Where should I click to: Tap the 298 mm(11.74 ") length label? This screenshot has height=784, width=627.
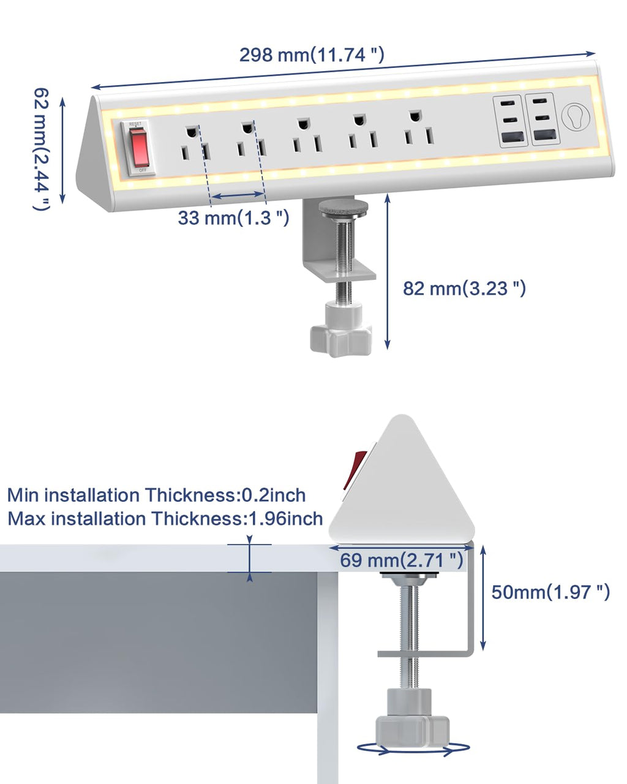[x=312, y=55]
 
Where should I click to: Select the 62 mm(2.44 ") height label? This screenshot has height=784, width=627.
[x=40, y=149]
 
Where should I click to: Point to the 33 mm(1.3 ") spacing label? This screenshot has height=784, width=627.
[x=233, y=217]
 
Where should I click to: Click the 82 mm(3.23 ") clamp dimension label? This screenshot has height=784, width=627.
[x=464, y=288]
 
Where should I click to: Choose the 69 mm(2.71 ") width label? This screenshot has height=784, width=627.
[x=402, y=559]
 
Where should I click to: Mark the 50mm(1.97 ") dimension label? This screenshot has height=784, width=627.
[x=550, y=592]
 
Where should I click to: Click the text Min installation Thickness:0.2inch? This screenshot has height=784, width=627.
[x=156, y=495]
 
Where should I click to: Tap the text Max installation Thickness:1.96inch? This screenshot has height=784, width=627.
[x=165, y=519]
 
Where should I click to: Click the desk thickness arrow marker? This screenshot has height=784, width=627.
[x=249, y=559]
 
